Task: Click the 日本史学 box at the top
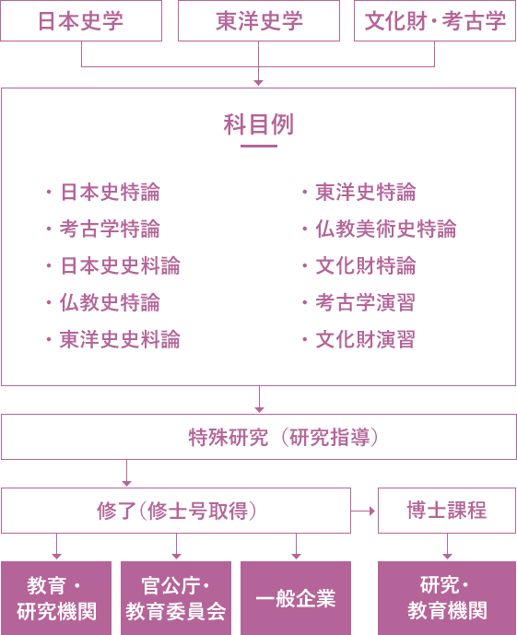click(x=81, y=20)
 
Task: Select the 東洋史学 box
click(x=259, y=20)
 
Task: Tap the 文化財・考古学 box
click(x=435, y=20)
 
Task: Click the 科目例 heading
click(x=259, y=124)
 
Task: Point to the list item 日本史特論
click(x=110, y=192)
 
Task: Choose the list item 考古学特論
click(x=110, y=229)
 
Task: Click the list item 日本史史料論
click(x=120, y=265)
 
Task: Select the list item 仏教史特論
click(x=110, y=302)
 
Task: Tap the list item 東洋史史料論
click(x=120, y=339)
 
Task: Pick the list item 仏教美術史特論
click(x=386, y=229)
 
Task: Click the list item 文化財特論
click(x=366, y=265)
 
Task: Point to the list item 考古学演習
click(x=366, y=302)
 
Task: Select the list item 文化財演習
click(x=366, y=339)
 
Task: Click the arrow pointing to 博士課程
click(x=363, y=512)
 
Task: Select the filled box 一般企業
click(x=296, y=598)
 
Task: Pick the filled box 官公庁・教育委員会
click(x=176, y=598)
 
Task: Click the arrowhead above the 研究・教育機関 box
click(x=447, y=557)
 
